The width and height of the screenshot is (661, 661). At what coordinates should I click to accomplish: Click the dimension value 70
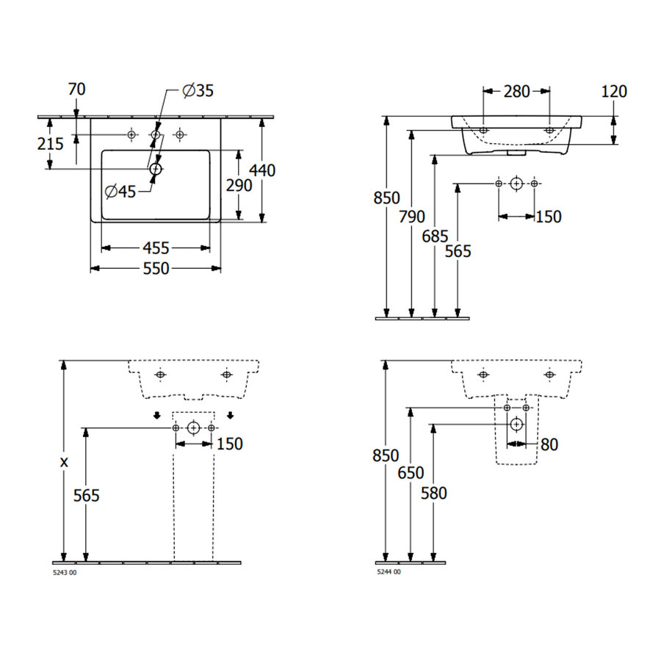coord(76,90)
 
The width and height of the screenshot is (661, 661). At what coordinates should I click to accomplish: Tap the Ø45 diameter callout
coord(120,192)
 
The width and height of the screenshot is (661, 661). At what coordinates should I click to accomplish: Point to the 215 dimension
coord(51,144)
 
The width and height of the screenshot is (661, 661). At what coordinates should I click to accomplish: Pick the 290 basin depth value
coord(218,185)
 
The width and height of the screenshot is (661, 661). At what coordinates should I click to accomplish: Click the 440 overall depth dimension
coord(262,170)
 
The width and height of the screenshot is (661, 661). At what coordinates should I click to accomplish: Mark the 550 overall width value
coord(155,269)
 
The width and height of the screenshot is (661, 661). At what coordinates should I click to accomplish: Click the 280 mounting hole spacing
coord(516,91)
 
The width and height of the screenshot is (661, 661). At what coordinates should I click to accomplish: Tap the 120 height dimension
coord(614,91)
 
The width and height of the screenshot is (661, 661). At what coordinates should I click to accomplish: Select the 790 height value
coord(412,217)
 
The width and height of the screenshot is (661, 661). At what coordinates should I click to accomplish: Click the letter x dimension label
coord(64,462)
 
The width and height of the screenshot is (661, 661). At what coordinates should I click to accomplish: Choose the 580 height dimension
coord(433,493)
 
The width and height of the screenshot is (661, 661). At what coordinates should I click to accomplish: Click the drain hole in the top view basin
coord(155,169)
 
